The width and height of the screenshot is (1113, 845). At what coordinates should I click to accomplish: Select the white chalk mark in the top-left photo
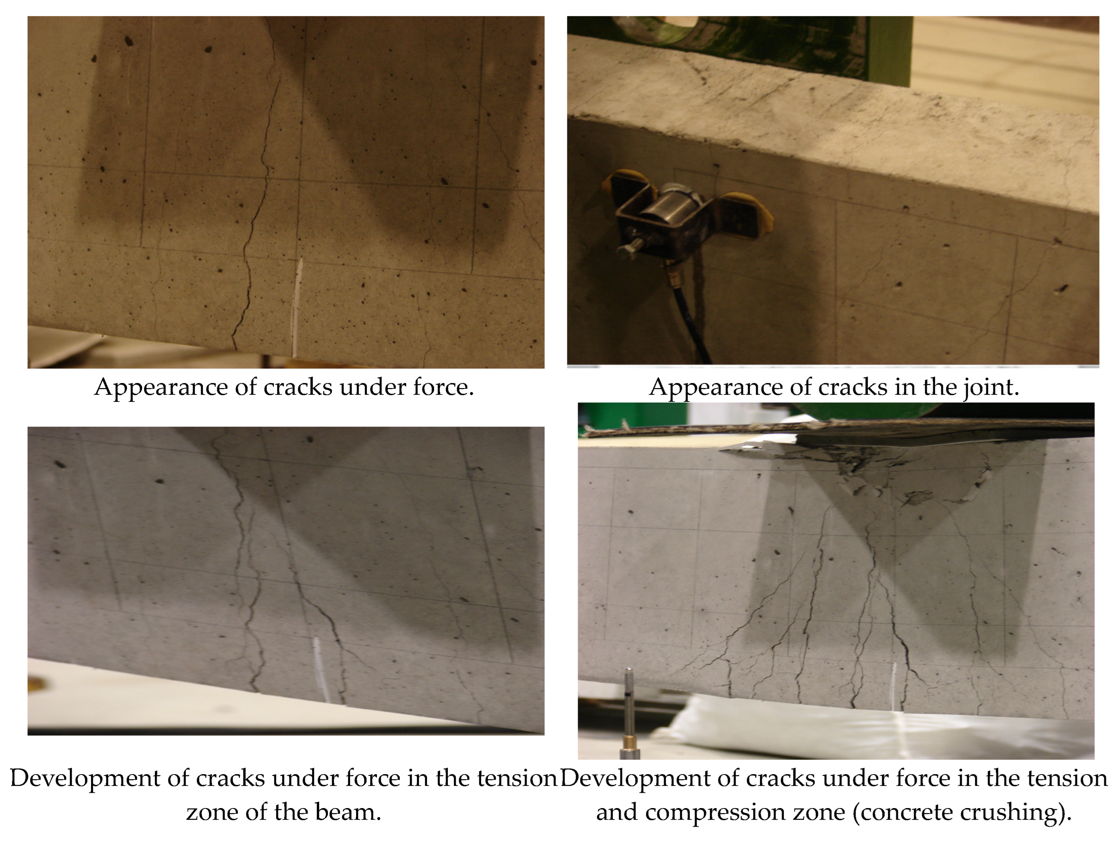[x=297, y=307]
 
